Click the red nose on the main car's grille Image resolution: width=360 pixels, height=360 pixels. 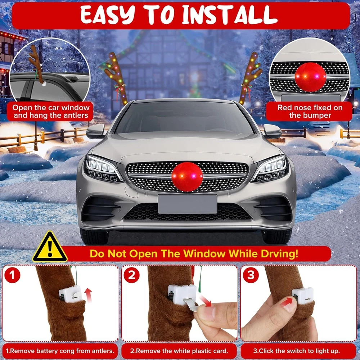point(187,177)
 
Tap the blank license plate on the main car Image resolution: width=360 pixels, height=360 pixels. point(188,204)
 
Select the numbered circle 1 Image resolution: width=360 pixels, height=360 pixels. point(12,275)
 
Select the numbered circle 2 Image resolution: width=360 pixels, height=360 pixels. point(131,275)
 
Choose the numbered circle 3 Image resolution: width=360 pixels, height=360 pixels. point(251,275)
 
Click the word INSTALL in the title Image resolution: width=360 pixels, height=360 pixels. point(230,15)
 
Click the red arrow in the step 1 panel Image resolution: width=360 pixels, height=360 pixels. point(88,295)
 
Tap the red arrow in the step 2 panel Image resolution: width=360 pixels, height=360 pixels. point(206,301)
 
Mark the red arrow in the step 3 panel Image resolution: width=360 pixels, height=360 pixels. point(287,302)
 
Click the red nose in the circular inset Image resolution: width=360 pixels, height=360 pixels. point(310,77)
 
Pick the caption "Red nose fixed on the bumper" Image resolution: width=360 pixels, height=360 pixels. point(310,111)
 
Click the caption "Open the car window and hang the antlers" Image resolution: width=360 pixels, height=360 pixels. point(51,111)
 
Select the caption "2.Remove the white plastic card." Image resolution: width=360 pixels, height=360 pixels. point(179,351)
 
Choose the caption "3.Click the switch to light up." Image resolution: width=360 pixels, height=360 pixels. point(296,351)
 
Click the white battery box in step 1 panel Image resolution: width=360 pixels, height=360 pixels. point(71,294)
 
